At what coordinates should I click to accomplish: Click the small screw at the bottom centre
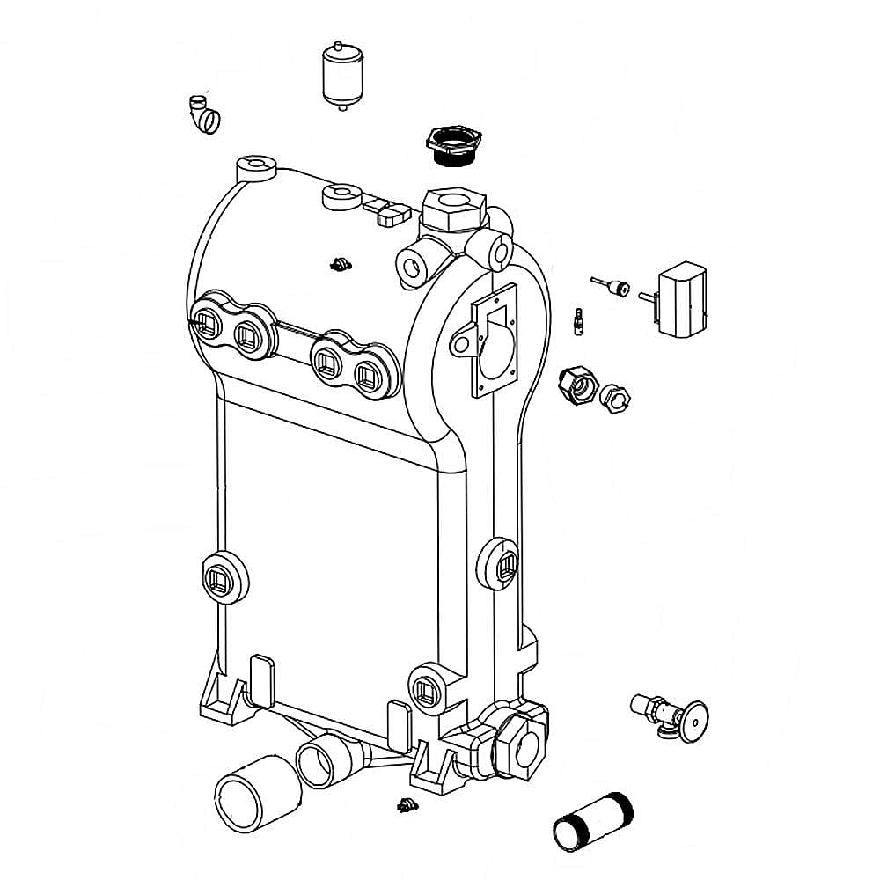click(x=406, y=803)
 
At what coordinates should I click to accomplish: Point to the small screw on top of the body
click(x=340, y=264)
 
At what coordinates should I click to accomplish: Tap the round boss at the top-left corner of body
click(x=256, y=165)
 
